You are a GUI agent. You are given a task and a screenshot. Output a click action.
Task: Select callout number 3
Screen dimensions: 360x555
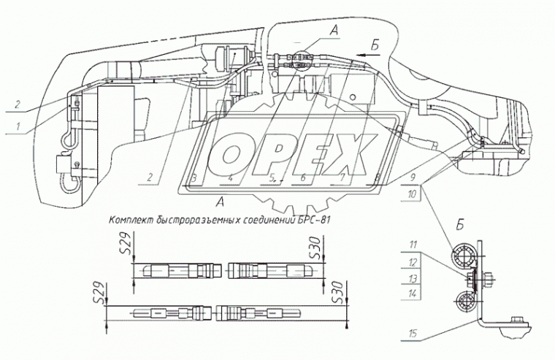(x=194, y=178)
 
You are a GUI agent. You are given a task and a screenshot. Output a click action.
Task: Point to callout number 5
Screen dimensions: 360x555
(x=270, y=178)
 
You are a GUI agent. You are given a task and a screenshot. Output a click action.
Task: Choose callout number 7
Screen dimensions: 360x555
(x=341, y=178)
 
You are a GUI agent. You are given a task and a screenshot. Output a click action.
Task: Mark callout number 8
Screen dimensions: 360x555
(x=375, y=178)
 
